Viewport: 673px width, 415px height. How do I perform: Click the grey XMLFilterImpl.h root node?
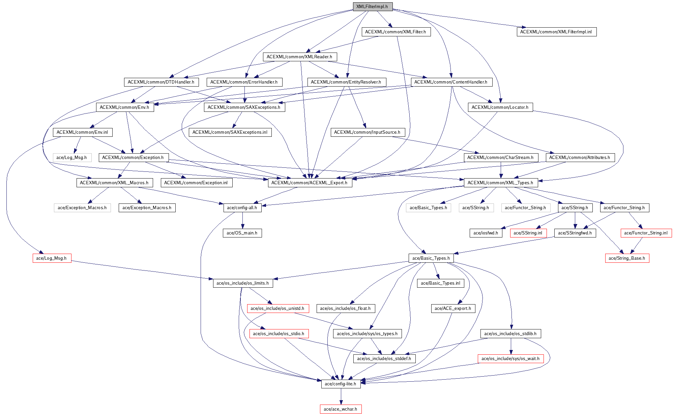pos(372,7)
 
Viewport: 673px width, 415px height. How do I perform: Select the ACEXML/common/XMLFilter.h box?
pos(396,32)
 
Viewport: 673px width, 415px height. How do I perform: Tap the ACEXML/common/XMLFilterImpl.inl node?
pos(556,32)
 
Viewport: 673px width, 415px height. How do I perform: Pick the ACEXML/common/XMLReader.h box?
pos(300,57)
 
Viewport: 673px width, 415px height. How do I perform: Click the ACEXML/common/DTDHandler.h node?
pos(161,82)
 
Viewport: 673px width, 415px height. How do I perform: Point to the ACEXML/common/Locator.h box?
pos(500,107)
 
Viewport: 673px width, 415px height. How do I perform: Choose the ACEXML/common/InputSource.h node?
pos(367,132)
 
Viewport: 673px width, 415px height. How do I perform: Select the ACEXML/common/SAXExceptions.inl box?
pos(230,132)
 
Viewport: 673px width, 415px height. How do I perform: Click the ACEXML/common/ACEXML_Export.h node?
pos(310,183)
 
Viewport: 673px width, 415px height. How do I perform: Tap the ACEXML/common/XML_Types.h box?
pos(501,183)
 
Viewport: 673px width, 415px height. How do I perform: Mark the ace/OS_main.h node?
pos(242,233)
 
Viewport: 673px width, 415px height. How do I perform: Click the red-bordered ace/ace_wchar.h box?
pos(341,409)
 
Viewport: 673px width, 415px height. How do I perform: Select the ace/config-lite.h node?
pos(341,384)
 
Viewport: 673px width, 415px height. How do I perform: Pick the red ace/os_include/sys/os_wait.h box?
pos(510,359)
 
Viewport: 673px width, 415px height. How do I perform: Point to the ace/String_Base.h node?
pos(627,258)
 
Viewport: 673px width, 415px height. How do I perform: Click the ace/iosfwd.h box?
pos(486,233)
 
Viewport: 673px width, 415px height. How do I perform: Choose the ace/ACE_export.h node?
pos(453,309)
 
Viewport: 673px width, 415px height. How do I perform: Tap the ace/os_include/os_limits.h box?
pos(243,283)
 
